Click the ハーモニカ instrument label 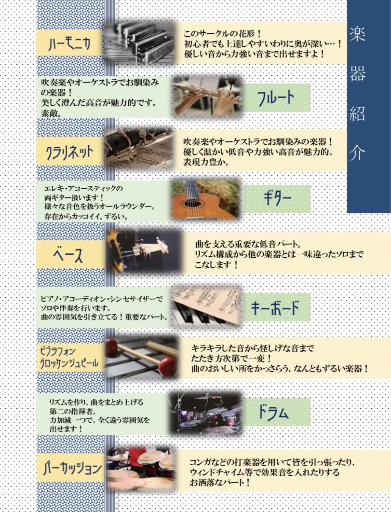[69, 44]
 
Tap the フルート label [276, 98]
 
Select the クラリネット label [70, 152]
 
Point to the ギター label [277, 198]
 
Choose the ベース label [68, 255]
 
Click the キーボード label [275, 307]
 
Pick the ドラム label [273, 412]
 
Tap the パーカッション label [72, 468]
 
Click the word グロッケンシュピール [69, 363]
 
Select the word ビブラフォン [58, 351]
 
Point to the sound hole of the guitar [192, 204]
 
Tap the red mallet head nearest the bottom [167, 366]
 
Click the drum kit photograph [206, 414]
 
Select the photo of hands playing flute [207, 97]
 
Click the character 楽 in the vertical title [357, 34]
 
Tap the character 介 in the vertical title [357, 152]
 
